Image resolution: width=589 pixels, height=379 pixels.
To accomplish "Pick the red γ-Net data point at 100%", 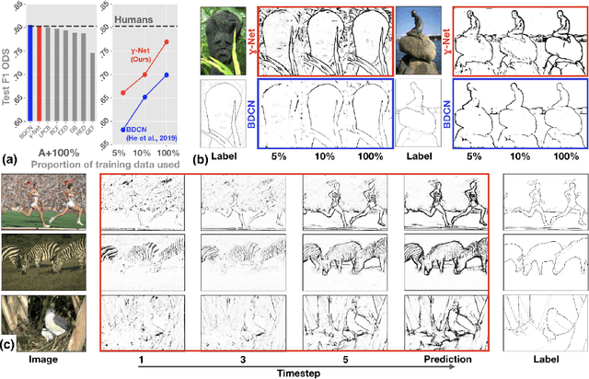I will pyautogui.click(x=166, y=42).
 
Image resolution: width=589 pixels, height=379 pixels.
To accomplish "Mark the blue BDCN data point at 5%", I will pyautogui.click(x=124, y=130).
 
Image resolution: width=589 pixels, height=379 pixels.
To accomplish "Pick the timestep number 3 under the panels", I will pyautogui.click(x=242, y=360).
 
